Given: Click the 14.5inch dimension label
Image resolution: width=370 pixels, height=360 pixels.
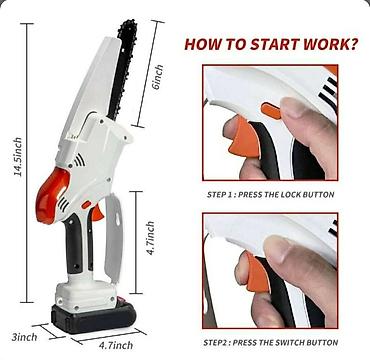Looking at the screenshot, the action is (x=18, y=157).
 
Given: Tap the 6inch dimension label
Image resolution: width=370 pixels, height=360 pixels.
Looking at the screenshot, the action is (x=158, y=78).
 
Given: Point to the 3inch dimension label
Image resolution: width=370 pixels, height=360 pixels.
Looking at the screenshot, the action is (x=24, y=337).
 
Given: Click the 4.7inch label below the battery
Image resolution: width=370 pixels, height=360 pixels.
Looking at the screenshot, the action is (x=116, y=345).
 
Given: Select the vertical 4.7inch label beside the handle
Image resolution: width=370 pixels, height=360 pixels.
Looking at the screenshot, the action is (x=150, y=238).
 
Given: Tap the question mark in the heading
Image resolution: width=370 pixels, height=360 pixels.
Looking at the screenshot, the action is (x=354, y=44).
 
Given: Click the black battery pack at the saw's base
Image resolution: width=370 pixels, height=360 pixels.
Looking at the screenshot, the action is (x=94, y=316).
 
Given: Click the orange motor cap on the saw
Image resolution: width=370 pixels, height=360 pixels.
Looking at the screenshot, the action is (x=52, y=196).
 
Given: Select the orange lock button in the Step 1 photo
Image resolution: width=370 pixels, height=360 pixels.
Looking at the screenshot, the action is (x=271, y=111).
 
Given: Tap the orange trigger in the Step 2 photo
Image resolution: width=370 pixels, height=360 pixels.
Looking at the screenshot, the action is (x=257, y=273).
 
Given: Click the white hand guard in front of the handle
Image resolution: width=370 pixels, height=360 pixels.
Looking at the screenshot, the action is (x=113, y=237).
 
